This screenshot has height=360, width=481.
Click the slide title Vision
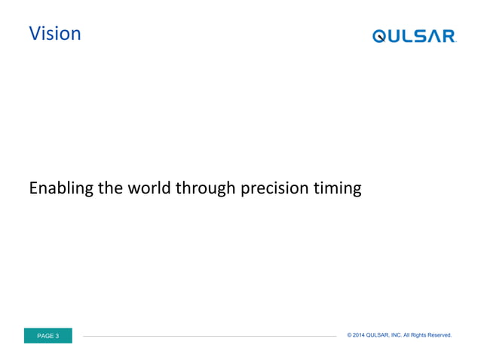pyautogui.click(x=54, y=34)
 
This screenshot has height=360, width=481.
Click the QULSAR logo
pyautogui.click(x=414, y=36)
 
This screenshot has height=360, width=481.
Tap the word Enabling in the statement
pyautogui.click(x=61, y=188)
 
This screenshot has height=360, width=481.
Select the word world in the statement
pyautogui.click(x=149, y=188)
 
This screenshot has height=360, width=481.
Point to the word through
pyautogui.click(x=205, y=188)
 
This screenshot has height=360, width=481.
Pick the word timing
pyautogui.click(x=337, y=188)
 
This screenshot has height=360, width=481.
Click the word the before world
pyautogui.click(x=110, y=188)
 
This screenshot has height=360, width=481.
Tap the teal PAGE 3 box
pyautogui.click(x=48, y=336)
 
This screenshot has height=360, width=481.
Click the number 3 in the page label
pyautogui.click(x=57, y=336)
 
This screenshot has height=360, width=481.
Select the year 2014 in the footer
pyautogui.click(x=359, y=335)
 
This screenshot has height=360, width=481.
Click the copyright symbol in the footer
pyautogui.click(x=350, y=335)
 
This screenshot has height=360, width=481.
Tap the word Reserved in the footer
pyautogui.click(x=437, y=335)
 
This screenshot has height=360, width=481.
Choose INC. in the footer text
pyautogui.click(x=397, y=335)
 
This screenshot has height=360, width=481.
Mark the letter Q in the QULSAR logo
pyautogui.click(x=380, y=36)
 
